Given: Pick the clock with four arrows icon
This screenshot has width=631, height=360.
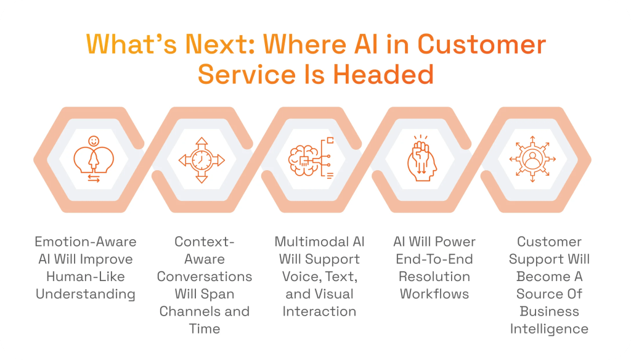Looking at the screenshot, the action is pyautogui.click(x=202, y=160).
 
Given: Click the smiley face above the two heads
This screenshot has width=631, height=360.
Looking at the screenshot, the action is pyautogui.click(x=94, y=141).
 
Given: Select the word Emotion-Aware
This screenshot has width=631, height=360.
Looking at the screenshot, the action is pyautogui.click(x=85, y=242).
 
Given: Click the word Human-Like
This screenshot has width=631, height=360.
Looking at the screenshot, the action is pyautogui.click(x=85, y=276).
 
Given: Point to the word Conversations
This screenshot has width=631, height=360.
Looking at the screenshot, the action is pyautogui.click(x=205, y=276).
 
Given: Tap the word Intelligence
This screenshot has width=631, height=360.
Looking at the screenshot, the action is pyautogui.click(x=549, y=329).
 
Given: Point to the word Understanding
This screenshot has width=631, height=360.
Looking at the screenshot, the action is pyautogui.click(x=85, y=293).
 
